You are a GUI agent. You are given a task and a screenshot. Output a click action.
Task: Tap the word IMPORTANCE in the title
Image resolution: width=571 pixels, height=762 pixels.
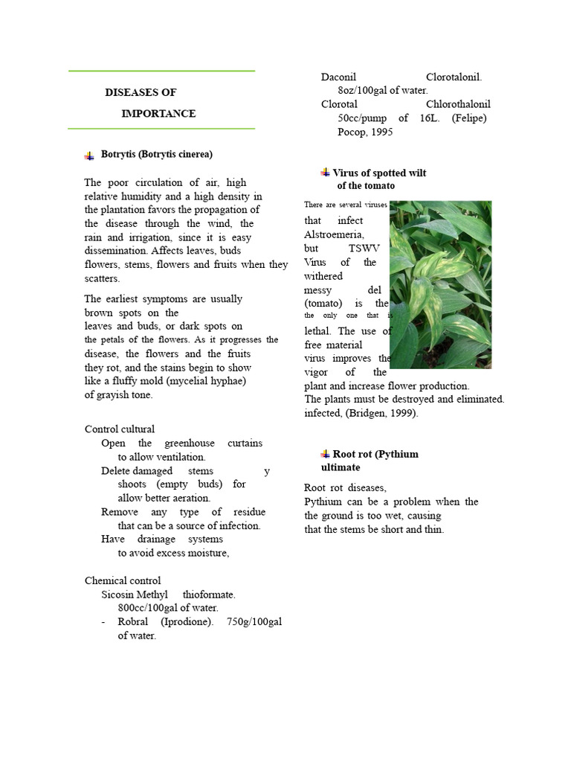coord(158,114)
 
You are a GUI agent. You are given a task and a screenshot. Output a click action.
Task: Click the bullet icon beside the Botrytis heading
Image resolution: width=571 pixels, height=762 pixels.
coord(90,156)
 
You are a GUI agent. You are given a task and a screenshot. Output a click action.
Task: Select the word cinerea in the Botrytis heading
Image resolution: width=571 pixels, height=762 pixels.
coord(193,155)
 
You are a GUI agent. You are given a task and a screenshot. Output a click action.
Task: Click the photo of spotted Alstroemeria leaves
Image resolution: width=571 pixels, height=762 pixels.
coord(440,284)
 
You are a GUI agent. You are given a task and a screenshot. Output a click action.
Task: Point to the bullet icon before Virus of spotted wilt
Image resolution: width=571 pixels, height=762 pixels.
coord(325,173)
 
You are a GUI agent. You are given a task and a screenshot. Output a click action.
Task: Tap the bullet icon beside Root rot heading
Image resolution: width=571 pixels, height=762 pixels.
coord(325,454)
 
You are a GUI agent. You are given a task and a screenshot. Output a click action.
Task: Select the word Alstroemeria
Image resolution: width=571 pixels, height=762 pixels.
coord(334,234)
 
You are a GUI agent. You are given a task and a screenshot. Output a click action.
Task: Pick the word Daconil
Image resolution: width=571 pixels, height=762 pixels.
coord(338,77)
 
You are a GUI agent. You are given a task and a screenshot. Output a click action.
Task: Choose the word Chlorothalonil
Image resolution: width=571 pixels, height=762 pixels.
coord(459,105)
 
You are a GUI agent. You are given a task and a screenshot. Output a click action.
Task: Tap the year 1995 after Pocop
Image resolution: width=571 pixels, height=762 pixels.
coord(380,132)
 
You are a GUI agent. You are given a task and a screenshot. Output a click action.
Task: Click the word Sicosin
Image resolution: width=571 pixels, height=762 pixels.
coord(117,595)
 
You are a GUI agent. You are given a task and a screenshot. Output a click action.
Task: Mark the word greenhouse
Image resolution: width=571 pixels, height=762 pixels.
coord(190,444)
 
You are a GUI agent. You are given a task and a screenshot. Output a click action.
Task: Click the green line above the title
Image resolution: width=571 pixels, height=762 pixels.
coord(161,71)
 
